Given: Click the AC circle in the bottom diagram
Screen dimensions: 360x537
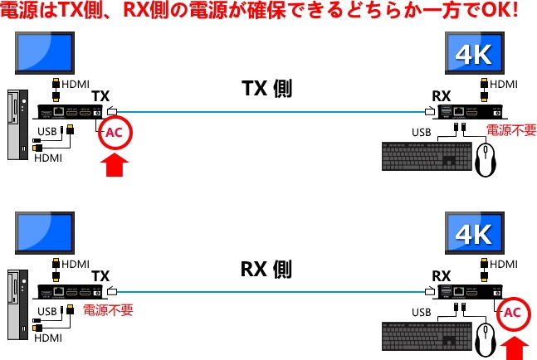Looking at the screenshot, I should [x=513, y=314].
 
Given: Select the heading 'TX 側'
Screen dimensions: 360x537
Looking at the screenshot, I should [x=266, y=88].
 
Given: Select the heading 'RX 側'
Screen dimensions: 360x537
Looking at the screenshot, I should [x=266, y=269].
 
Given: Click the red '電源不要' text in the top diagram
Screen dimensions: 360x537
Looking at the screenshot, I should [x=511, y=129].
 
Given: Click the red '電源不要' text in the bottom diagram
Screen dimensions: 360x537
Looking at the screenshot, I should [x=108, y=309].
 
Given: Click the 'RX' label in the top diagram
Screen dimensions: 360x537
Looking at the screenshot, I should [x=442, y=96].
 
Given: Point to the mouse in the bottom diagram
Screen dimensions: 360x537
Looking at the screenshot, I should [x=486, y=339].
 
